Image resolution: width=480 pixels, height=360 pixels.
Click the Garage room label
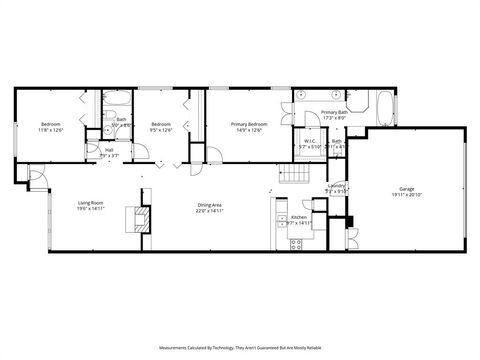[x=406, y=188]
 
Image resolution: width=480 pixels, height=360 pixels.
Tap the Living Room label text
[x=91, y=204]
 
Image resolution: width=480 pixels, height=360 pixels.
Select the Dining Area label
[x=209, y=204]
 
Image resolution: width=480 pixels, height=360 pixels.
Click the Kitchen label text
[x=298, y=217]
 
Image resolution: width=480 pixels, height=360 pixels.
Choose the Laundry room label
[x=336, y=185]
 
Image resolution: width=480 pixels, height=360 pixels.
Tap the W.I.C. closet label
[x=310, y=141]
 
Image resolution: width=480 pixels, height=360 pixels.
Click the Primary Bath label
[x=334, y=113]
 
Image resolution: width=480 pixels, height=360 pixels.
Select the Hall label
[x=109, y=150]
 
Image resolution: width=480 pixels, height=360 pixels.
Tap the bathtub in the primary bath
[x=384, y=104]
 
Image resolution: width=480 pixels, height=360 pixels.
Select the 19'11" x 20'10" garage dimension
[x=406, y=194]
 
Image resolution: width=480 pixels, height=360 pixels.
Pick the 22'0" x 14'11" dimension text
[x=209, y=210]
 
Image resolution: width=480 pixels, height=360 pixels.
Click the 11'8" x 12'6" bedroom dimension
[x=50, y=130]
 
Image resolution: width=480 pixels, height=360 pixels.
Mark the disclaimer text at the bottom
[x=239, y=348]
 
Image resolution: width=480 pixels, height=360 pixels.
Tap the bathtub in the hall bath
[x=115, y=102]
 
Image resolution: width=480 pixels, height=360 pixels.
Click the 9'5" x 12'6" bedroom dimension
[x=161, y=130]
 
